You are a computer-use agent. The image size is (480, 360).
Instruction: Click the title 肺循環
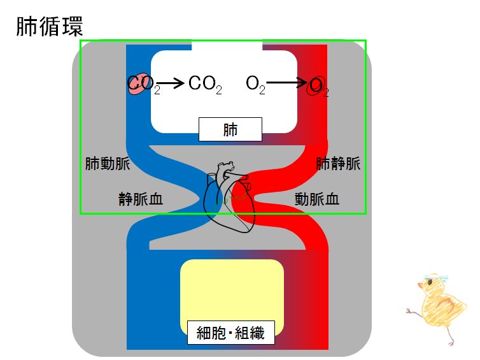(49, 27)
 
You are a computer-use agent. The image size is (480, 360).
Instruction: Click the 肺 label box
(230, 130)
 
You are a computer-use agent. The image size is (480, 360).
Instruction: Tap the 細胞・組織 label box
(231, 332)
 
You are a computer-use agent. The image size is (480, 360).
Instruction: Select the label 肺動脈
(108, 164)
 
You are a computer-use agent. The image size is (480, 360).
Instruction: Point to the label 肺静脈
(338, 164)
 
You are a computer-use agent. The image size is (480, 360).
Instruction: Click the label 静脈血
(141, 199)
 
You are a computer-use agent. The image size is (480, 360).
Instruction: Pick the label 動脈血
(316, 199)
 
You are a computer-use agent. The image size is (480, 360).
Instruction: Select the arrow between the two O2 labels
(286, 83)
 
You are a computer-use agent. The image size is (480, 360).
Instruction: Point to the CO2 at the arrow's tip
(205, 84)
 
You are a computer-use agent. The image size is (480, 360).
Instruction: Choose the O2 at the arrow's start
(255, 84)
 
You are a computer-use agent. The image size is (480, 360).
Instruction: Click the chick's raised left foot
(409, 310)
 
